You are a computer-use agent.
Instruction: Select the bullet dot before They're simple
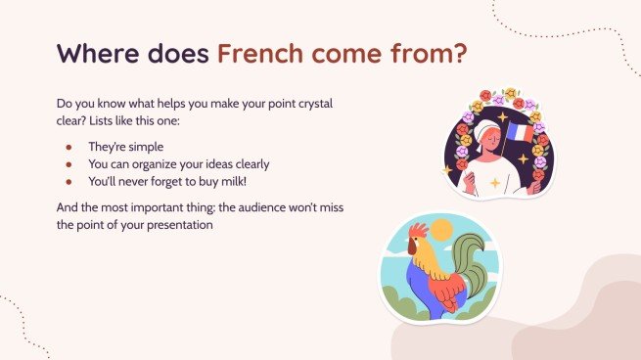(69, 146)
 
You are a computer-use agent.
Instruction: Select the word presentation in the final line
(177, 224)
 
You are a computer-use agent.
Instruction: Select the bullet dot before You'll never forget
(69, 181)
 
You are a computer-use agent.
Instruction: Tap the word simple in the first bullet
(147, 146)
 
